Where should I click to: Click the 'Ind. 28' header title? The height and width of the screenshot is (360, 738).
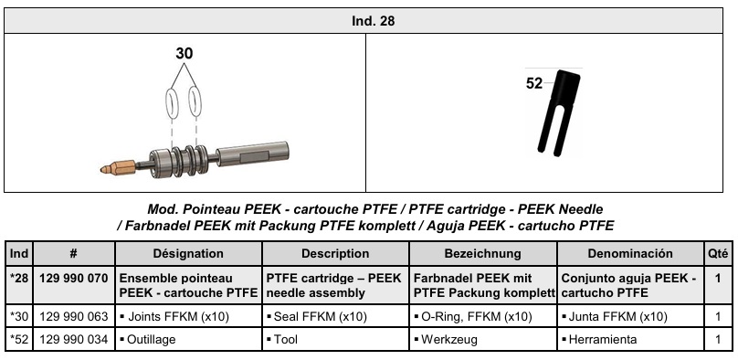point(374,21)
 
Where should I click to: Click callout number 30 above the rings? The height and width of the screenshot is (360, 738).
point(184,54)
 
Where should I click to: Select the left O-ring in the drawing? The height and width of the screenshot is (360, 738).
point(173,102)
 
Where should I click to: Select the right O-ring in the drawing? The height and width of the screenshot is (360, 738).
point(195,101)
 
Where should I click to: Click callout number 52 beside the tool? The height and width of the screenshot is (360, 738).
point(533,84)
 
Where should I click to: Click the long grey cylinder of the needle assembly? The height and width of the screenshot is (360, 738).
point(252,154)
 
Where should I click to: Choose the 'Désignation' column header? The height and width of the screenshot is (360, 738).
point(188,254)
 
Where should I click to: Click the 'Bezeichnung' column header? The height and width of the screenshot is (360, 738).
point(483,254)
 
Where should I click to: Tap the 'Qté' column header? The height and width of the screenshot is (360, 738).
point(718,254)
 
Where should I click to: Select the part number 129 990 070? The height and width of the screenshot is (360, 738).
point(74,278)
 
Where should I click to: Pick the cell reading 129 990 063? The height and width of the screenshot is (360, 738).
point(74,316)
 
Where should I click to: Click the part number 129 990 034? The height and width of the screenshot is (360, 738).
point(74,339)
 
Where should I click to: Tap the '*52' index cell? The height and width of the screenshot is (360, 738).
point(19,339)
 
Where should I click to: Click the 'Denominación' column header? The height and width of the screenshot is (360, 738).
point(630,254)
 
